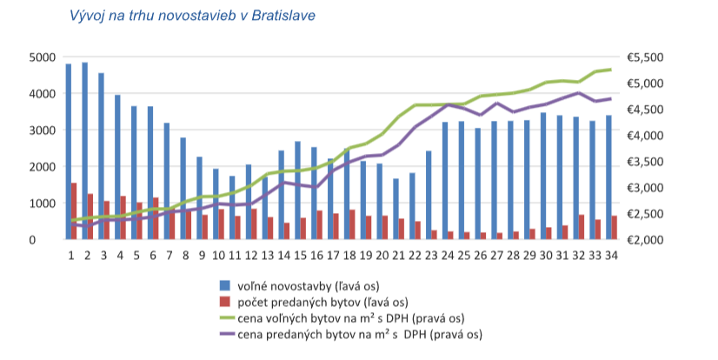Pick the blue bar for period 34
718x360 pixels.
(x=608, y=177)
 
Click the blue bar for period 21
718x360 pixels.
(x=396, y=209)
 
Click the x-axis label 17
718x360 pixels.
(x=333, y=255)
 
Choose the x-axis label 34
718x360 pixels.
(x=610, y=255)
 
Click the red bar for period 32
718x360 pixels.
(x=581, y=227)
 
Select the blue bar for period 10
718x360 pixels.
(x=215, y=204)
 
